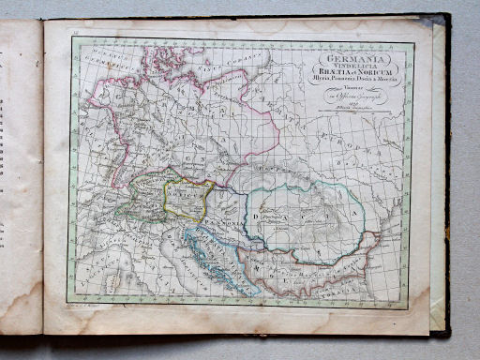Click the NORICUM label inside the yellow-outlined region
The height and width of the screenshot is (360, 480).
185,199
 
